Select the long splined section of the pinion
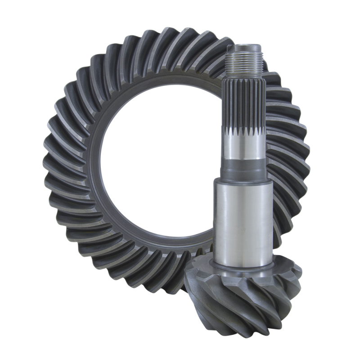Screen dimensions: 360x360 point(243,101)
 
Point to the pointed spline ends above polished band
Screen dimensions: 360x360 point(243,132)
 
